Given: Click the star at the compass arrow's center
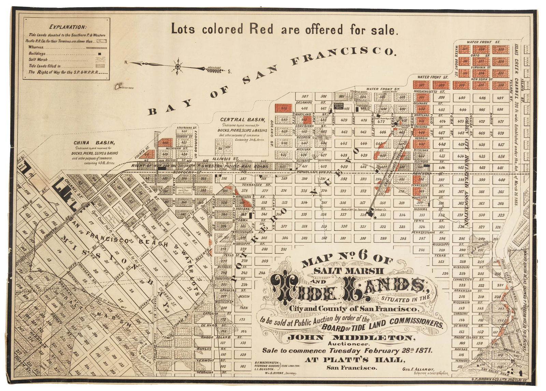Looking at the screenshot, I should [177, 66].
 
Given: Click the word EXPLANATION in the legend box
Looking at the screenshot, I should [68, 27].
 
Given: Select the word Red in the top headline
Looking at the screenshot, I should [262, 29].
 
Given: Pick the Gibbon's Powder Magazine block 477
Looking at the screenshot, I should [382, 121].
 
